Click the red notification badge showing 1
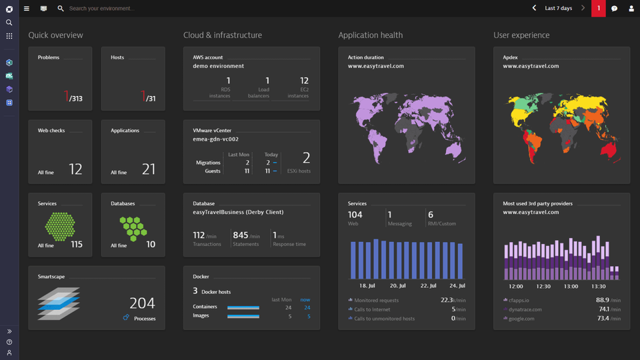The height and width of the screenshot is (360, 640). [x=599, y=9]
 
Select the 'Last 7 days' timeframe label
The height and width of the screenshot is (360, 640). [x=558, y=9]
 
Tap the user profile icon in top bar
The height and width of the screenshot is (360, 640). [x=631, y=9]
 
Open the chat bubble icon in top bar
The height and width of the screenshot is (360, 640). [x=614, y=9]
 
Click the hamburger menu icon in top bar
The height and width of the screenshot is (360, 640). [x=27, y=9]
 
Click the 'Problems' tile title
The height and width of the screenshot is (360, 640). [x=49, y=57]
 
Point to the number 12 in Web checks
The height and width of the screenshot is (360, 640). [x=75, y=169]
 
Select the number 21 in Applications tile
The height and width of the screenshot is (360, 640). [x=148, y=169]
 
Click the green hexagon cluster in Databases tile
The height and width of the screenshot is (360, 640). [x=133, y=228]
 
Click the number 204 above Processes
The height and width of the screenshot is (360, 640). [x=142, y=303]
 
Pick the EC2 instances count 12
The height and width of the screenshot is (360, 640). [x=304, y=81]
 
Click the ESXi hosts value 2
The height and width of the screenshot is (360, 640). [x=306, y=158]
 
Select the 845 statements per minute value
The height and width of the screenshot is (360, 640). [x=240, y=235]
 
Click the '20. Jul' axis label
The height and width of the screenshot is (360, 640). [x=398, y=285]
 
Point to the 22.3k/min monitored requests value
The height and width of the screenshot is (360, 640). [x=447, y=300]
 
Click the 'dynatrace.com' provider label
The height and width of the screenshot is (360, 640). [x=525, y=309]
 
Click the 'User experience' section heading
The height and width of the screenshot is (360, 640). [x=522, y=35]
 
